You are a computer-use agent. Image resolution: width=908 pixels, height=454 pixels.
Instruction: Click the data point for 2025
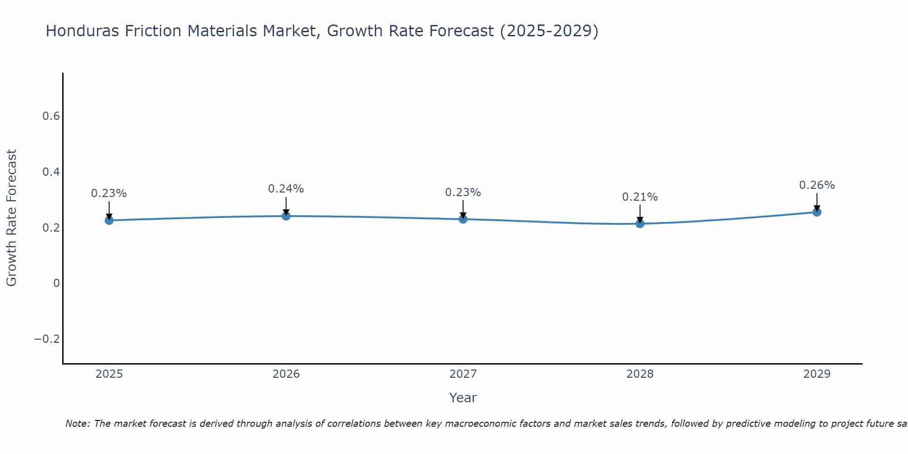[109, 220]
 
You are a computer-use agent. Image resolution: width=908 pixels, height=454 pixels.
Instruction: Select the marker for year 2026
[286, 216]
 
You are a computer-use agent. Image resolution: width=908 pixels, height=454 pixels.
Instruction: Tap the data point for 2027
[463, 219]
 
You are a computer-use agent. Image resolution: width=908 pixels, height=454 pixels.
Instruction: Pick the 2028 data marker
[640, 223]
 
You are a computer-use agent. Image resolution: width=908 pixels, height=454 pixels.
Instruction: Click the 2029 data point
[817, 212]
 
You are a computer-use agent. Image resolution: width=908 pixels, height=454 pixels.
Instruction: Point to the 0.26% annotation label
[817, 185]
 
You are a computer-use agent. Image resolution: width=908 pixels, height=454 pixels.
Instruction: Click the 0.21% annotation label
[640, 197]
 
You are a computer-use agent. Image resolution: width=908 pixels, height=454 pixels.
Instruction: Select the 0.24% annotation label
[286, 189]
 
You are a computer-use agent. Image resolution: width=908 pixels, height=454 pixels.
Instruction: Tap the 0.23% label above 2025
[109, 193]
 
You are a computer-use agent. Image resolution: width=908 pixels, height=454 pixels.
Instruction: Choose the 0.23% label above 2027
[463, 192]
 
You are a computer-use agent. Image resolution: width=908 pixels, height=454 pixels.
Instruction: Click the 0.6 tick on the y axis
[51, 116]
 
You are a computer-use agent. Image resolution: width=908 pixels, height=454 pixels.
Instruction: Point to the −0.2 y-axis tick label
[47, 339]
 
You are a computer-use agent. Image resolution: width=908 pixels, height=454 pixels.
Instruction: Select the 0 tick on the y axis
[56, 283]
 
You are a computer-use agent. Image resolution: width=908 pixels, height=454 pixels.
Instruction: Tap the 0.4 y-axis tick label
[51, 172]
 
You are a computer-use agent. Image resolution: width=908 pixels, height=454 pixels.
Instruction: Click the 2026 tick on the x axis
[286, 374]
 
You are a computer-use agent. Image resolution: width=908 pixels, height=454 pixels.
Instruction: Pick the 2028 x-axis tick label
[640, 374]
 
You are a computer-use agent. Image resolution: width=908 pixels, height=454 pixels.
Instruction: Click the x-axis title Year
[463, 398]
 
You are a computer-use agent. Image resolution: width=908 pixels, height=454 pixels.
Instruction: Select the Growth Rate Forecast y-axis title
[11, 217]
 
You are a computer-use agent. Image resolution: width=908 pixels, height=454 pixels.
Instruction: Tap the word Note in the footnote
[77, 424]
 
